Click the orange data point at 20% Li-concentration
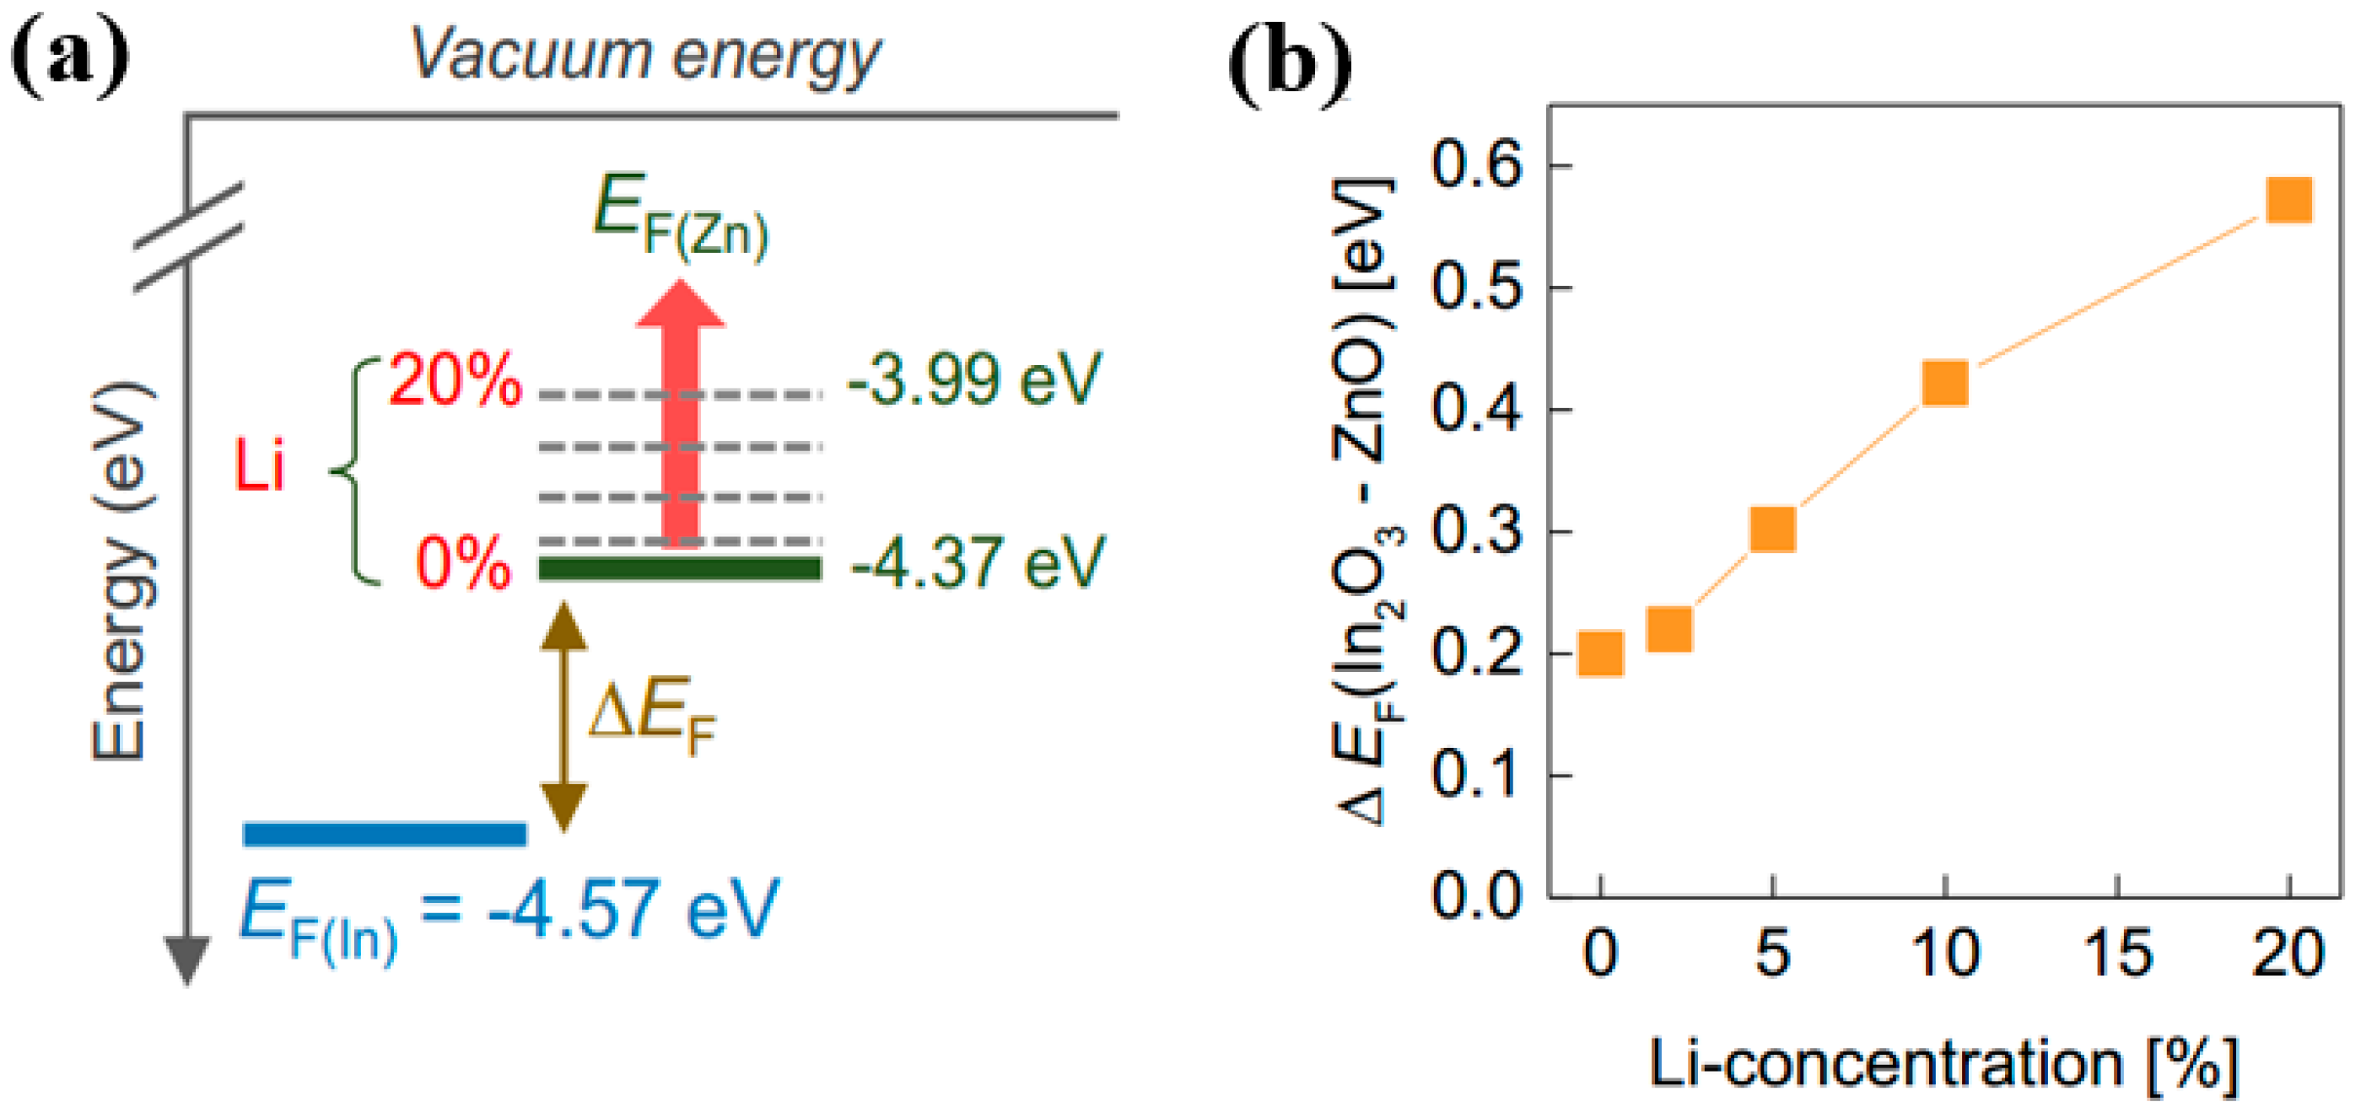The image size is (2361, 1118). pyautogui.click(x=2288, y=200)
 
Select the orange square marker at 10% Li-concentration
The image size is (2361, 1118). pyautogui.click(x=1944, y=382)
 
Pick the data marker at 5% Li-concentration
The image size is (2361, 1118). pyautogui.click(x=1771, y=529)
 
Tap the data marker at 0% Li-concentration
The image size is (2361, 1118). pyautogui.click(x=1600, y=653)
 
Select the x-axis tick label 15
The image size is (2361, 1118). pyautogui.click(x=2116, y=954)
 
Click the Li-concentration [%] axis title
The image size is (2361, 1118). pyautogui.click(x=1943, y=1065)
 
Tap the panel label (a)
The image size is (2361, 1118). pyautogui.click(x=70, y=56)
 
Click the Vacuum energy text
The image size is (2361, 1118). pyautogui.click(x=644, y=55)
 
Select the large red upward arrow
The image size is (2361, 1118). pyautogui.click(x=680, y=412)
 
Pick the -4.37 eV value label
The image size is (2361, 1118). pyautogui.click(x=977, y=562)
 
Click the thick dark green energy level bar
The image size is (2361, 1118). pyautogui.click(x=679, y=568)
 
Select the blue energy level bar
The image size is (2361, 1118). pyautogui.click(x=385, y=833)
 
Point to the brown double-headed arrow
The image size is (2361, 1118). pyautogui.click(x=563, y=715)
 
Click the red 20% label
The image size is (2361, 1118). pyautogui.click(x=455, y=379)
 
